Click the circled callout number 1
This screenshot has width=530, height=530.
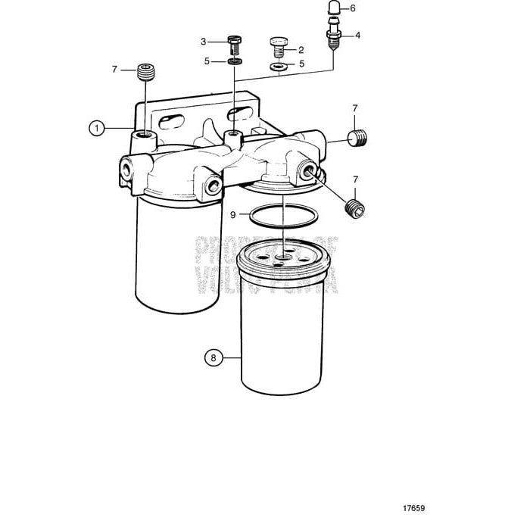[x=97, y=128]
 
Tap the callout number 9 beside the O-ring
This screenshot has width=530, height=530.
[x=234, y=215]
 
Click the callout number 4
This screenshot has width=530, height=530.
[x=357, y=35]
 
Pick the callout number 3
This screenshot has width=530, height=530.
[x=203, y=41]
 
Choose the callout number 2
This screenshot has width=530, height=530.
[x=301, y=49]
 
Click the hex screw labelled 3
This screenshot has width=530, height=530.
[x=235, y=44]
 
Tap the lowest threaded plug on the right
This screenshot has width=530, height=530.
[x=354, y=207]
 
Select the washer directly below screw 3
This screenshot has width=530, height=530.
[x=235, y=61]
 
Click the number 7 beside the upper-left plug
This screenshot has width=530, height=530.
[x=115, y=69]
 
